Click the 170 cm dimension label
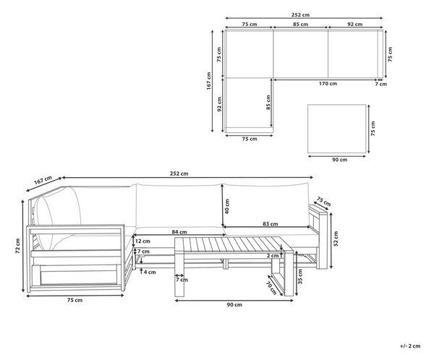click(x=328, y=84)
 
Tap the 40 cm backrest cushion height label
click(x=227, y=206)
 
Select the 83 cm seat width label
click(x=270, y=224)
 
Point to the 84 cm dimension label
click(x=179, y=232)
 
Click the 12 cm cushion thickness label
click(x=142, y=241)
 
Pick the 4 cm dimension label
click(x=150, y=273)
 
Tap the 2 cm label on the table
click(x=273, y=256)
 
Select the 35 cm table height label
click(x=300, y=276)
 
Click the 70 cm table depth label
click(x=271, y=288)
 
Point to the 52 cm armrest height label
click(x=336, y=239)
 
